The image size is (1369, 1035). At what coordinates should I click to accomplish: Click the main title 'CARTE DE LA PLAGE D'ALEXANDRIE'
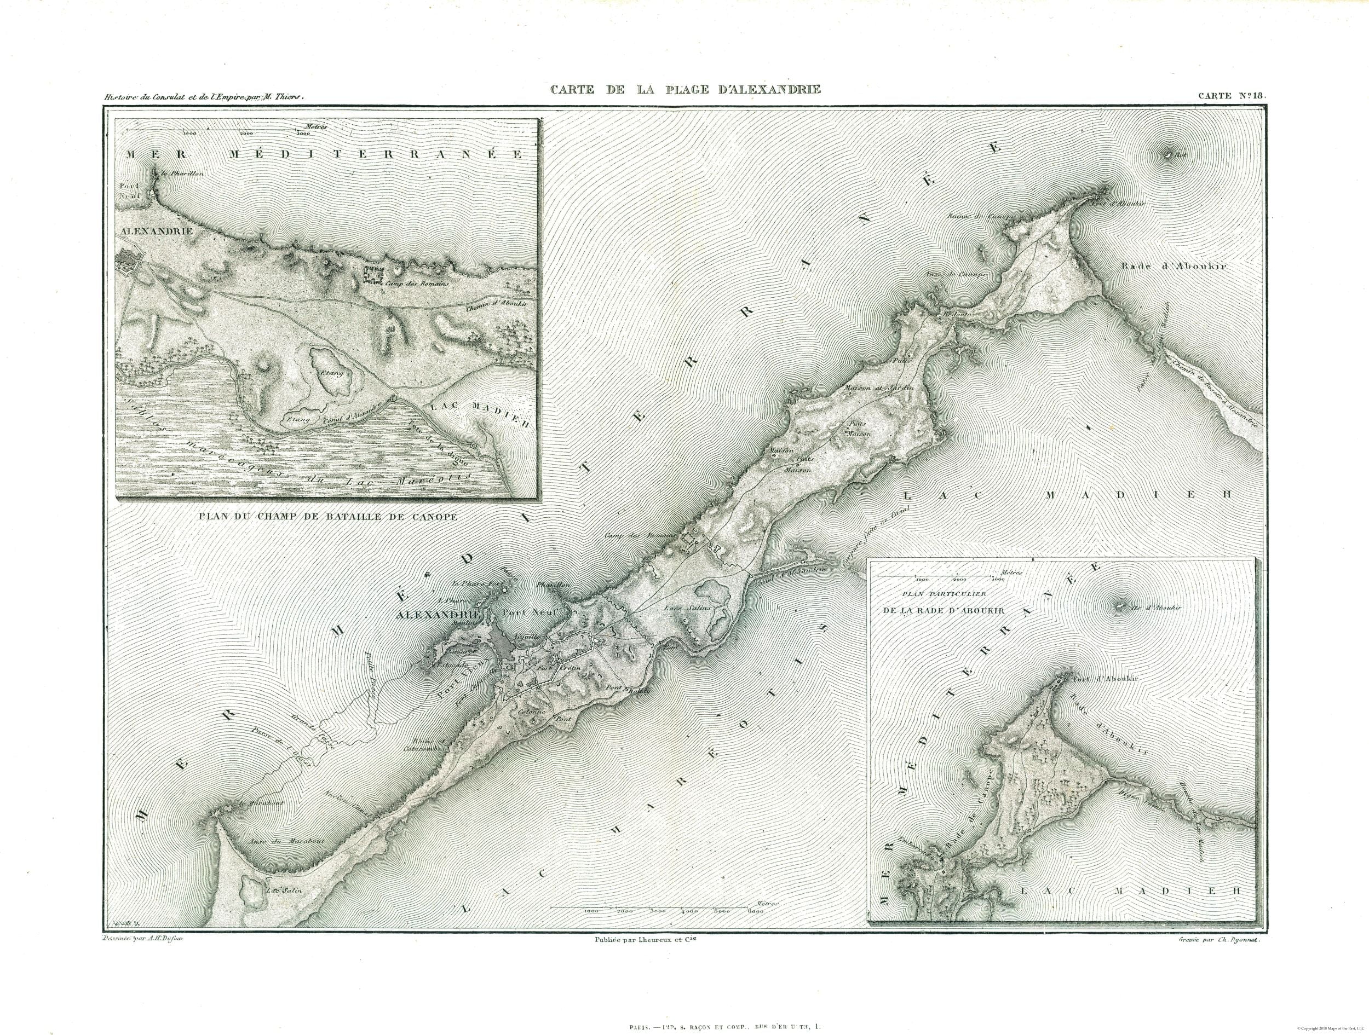[x=686, y=89]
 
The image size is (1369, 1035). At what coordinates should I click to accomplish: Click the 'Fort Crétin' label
[x=552, y=670]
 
